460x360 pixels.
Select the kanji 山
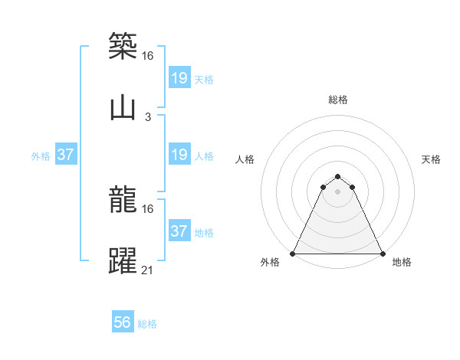coord(123,108)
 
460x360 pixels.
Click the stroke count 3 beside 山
coord(148,117)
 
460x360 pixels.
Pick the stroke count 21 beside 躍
coord(148,270)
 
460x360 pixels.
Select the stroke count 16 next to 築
coord(148,55)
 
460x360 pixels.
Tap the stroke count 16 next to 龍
coord(148,208)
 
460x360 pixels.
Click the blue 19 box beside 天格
coord(179,77)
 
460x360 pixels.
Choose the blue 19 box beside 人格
coord(179,154)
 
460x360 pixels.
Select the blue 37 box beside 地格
coord(179,231)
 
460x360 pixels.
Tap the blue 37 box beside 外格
coord(66,154)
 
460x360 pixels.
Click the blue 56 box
coord(123,322)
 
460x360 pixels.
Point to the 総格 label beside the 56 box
coord(147,324)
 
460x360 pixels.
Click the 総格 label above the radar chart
coord(338,100)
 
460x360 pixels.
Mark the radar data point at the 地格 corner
coord(382,254)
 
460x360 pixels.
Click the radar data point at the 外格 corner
coord(294,254)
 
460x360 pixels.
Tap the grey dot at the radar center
coord(338,191)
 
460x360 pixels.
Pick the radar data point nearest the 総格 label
coord(338,173)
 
